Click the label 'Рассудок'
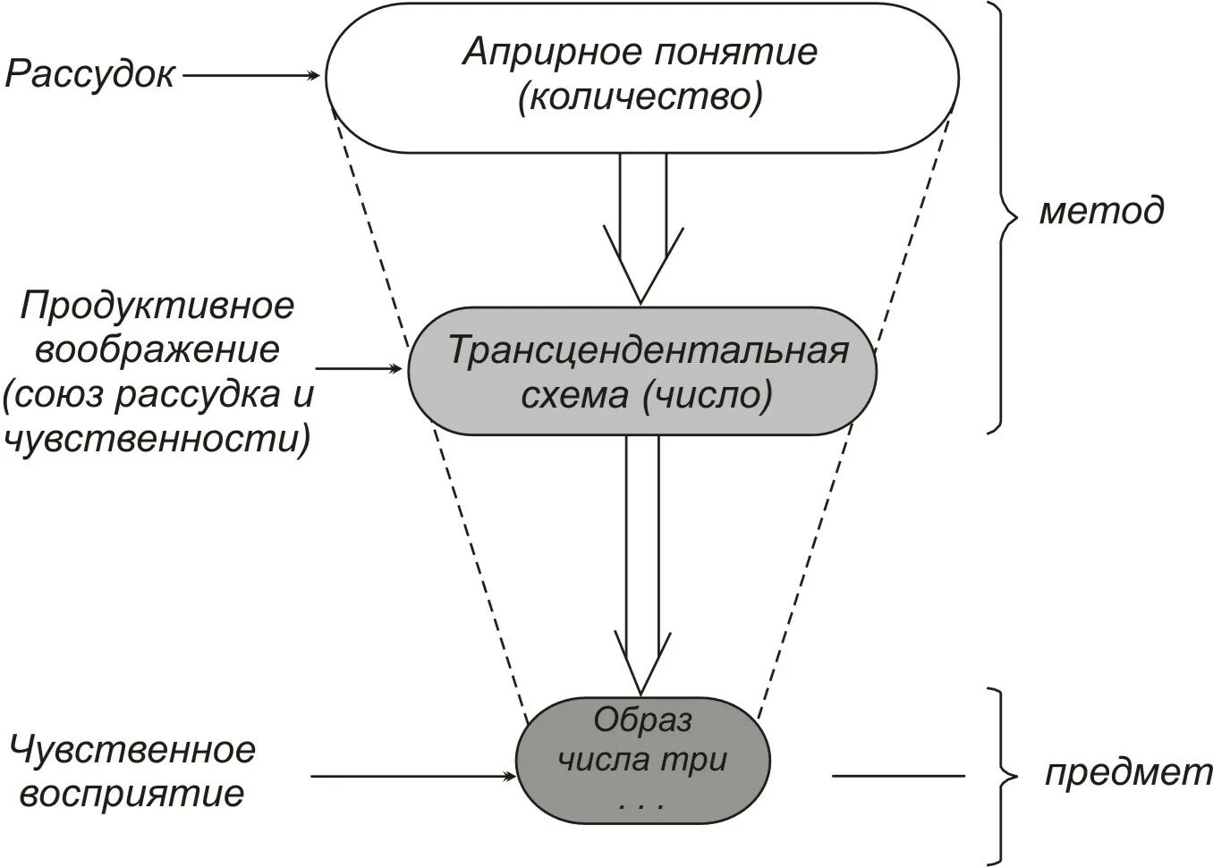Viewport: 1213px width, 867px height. [89, 76]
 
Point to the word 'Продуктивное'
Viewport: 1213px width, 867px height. [157, 307]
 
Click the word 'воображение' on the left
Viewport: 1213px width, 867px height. [157, 350]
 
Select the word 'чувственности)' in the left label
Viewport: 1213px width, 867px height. [157, 440]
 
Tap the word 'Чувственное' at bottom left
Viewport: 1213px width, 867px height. [132, 749]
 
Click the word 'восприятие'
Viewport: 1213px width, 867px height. [131, 794]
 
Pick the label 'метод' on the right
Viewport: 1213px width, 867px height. [1101, 211]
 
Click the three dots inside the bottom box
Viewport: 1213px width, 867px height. [640, 806]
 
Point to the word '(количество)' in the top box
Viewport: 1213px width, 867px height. [640, 97]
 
